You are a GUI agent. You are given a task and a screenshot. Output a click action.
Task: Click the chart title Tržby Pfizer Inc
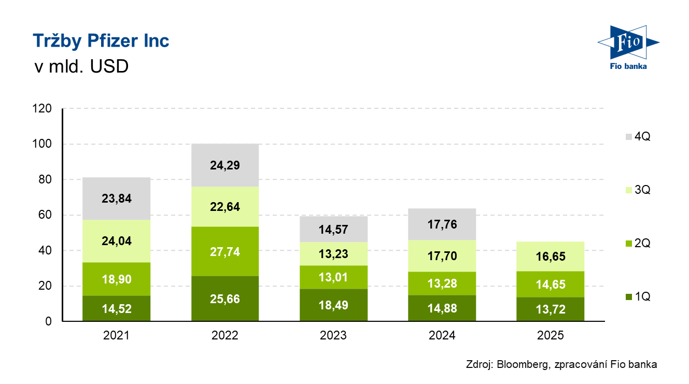click(101, 41)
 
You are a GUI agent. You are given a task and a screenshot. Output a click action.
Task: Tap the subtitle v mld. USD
click(80, 67)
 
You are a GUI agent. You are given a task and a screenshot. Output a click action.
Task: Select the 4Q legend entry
click(637, 137)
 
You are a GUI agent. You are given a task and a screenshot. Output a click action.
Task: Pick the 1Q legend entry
click(637, 297)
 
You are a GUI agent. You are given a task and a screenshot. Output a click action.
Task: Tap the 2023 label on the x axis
click(333, 336)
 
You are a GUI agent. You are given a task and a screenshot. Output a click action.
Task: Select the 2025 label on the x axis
click(551, 336)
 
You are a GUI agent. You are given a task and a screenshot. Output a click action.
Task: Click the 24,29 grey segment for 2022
click(224, 165)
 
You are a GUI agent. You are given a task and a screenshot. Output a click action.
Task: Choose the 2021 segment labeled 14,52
click(116, 309)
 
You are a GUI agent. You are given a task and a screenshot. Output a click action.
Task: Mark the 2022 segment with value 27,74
click(224, 252)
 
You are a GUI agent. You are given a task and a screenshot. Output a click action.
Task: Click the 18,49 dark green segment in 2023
click(333, 305)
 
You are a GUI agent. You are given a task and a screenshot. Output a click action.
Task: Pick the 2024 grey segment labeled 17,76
click(442, 224)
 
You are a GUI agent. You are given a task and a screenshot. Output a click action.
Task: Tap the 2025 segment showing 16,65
click(551, 257)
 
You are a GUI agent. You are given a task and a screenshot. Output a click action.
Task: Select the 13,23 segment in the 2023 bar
click(333, 254)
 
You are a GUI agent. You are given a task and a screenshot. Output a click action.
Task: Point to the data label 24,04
click(116, 240)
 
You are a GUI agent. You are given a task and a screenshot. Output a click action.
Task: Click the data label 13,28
click(442, 283)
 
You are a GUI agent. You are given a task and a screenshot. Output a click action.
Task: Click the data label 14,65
click(551, 284)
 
